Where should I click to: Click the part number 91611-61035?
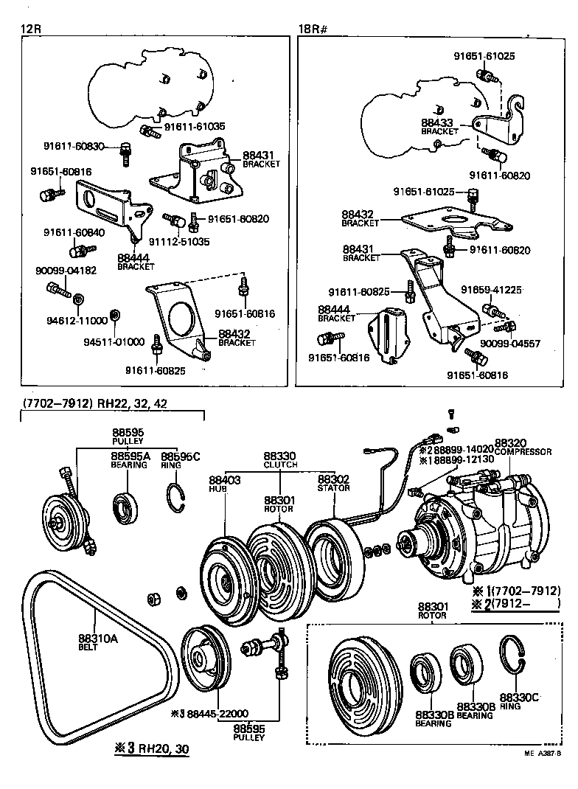pyautogui.click(x=194, y=127)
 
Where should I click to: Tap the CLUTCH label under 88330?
pyautogui.click(x=280, y=465)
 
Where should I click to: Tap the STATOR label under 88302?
pyautogui.click(x=333, y=487)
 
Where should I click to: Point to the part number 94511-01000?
pyautogui.click(x=112, y=341)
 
